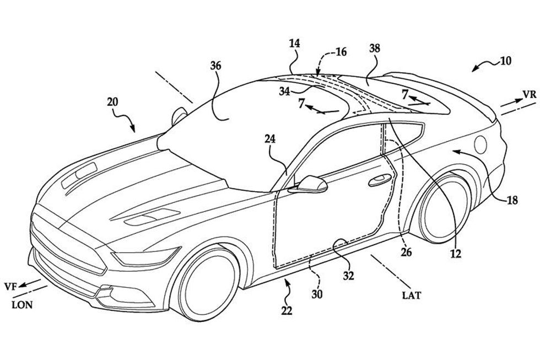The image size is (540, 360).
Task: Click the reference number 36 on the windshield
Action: click(215, 66)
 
